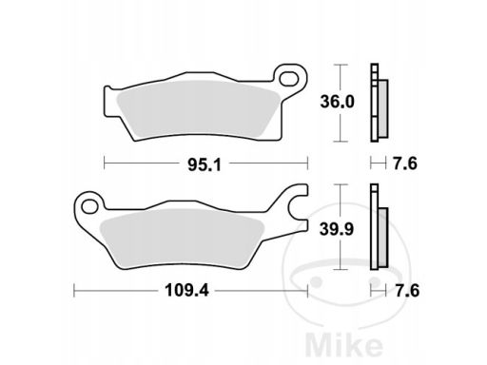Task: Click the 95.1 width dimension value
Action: tap(205, 164)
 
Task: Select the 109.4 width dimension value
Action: tap(186, 290)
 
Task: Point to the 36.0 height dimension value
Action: tap(337, 102)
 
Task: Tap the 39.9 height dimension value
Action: tap(337, 229)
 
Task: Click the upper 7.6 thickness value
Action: tap(405, 163)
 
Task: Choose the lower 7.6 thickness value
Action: tap(407, 291)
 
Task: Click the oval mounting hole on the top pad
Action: tap(290, 79)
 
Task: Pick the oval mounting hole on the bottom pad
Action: tap(89, 206)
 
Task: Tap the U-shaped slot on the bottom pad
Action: tap(298, 205)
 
